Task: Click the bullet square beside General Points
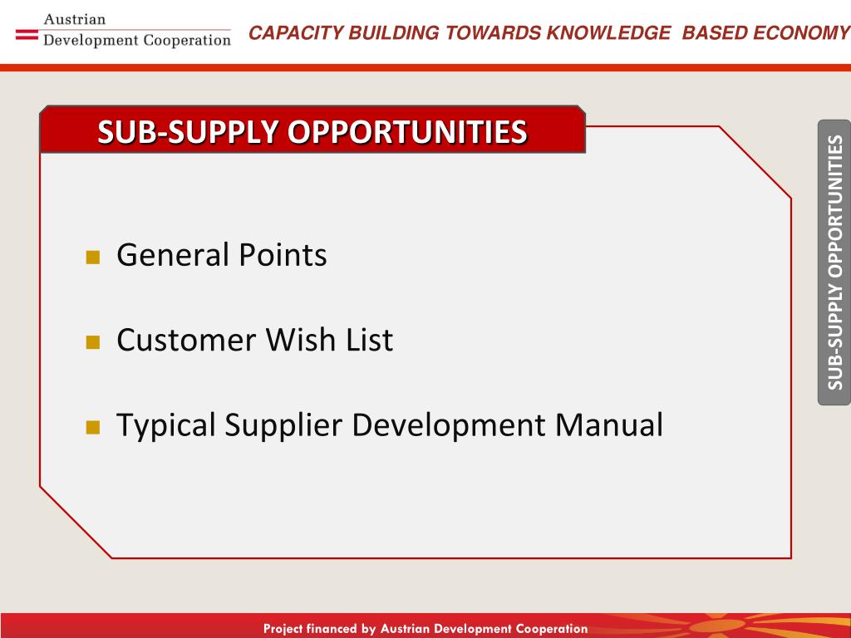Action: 93,257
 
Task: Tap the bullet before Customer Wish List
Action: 93,341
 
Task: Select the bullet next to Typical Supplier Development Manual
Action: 93,427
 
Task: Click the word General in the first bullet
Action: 173,254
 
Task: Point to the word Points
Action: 283,254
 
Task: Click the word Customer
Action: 186,340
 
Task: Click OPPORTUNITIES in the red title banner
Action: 407,132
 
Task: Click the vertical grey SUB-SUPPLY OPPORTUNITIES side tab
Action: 834,262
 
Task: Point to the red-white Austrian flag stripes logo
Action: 27,34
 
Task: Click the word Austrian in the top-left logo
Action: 74,20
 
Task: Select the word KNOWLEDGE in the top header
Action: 608,33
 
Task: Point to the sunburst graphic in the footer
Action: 722,626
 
